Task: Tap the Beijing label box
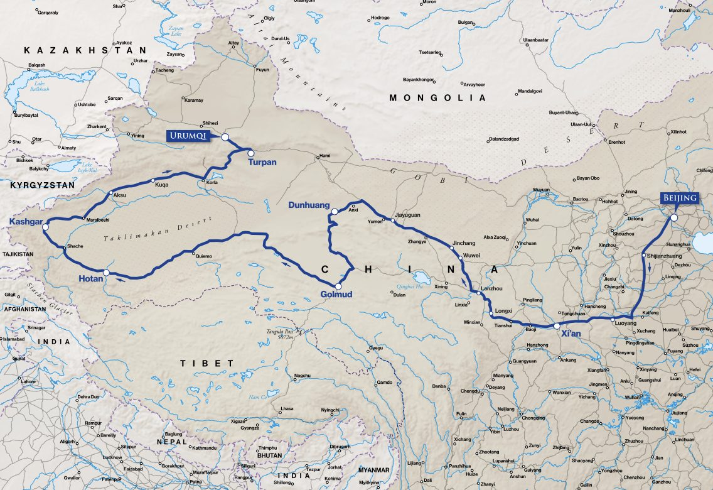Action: point(680,199)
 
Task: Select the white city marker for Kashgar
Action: point(45,227)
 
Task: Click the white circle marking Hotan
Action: point(106,272)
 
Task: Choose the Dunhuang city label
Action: point(309,205)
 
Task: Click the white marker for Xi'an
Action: point(557,326)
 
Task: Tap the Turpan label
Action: point(262,162)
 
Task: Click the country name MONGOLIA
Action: point(437,98)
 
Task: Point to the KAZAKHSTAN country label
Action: point(85,50)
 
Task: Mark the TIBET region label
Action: point(206,363)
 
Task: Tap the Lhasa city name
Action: point(287,409)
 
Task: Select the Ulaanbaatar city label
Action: point(535,40)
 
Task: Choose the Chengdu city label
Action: point(470,391)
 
